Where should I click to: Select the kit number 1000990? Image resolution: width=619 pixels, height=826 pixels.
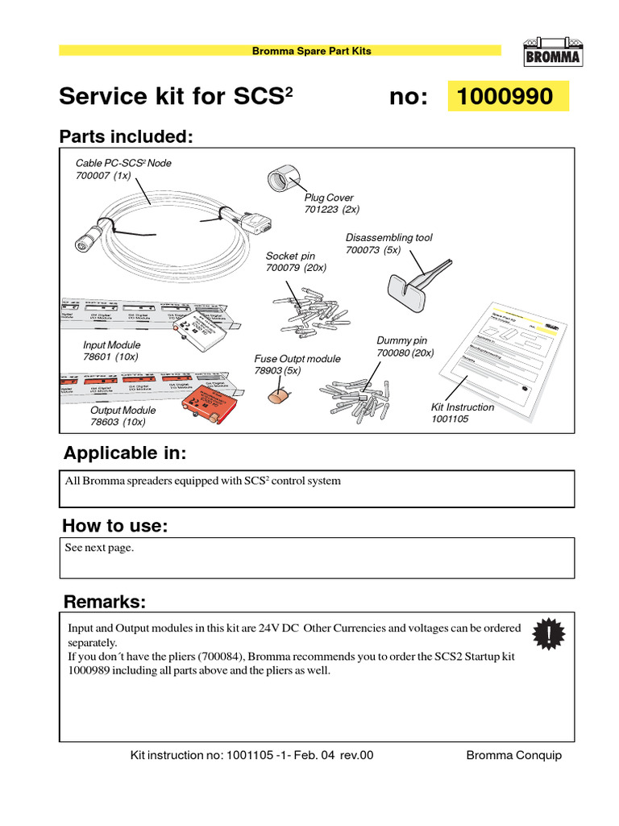click(x=505, y=97)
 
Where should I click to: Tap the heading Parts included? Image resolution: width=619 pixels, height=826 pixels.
click(x=127, y=136)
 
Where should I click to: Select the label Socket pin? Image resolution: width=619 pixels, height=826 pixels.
click(x=290, y=257)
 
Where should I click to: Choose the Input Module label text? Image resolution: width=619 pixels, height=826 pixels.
click(x=112, y=345)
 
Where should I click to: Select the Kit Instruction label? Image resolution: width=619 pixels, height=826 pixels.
click(x=463, y=407)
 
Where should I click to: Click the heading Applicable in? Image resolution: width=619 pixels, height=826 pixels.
click(x=124, y=453)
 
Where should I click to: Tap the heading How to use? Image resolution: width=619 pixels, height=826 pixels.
click(x=115, y=527)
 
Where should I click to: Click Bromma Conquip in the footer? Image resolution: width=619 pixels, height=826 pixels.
click(x=513, y=756)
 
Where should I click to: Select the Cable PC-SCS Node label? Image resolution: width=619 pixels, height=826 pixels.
click(x=123, y=163)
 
